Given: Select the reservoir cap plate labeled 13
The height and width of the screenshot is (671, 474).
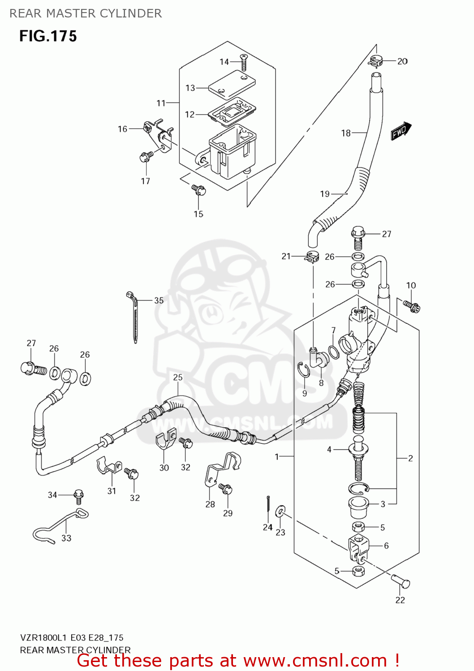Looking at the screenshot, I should click(x=232, y=84).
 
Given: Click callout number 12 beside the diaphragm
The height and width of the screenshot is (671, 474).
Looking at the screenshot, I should click(x=190, y=115).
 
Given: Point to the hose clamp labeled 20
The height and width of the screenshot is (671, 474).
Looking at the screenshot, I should click(x=376, y=60).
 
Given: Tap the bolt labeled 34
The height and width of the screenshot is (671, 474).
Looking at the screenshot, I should click(x=79, y=495).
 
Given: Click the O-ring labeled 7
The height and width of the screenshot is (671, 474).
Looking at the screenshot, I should click(x=334, y=352).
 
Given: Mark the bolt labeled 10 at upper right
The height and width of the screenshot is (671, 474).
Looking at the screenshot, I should click(x=412, y=306).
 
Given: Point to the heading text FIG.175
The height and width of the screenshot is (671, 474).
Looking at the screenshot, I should click(x=48, y=36).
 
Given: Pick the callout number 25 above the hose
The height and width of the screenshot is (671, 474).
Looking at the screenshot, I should click(x=178, y=377).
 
